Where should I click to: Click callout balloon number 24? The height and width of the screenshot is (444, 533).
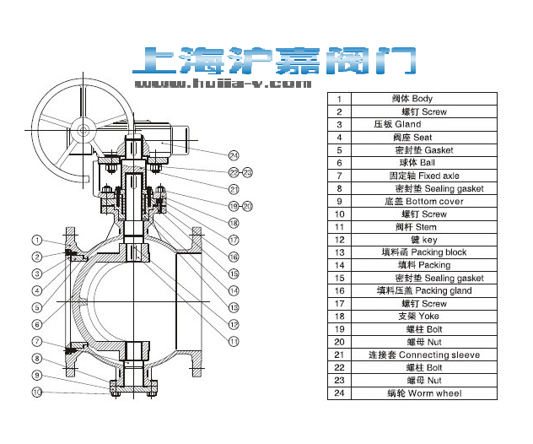coord(234,154)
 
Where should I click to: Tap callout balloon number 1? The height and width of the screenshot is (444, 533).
coord(38,240)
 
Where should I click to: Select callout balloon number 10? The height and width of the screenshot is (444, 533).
coord(38,392)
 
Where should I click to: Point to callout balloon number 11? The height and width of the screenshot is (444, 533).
coord(234,341)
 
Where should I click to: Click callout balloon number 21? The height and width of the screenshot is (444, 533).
coord(234,188)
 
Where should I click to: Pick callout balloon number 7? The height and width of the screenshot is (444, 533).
coord(38,341)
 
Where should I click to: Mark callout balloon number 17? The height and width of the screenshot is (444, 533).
coord(234,240)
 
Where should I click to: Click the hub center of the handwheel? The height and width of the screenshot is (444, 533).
coord(83,130)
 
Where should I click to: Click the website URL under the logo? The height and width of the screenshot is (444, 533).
coord(223,84)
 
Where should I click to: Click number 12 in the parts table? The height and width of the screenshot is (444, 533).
coord(339,240)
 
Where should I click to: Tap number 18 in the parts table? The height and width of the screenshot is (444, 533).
coord(339,317)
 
